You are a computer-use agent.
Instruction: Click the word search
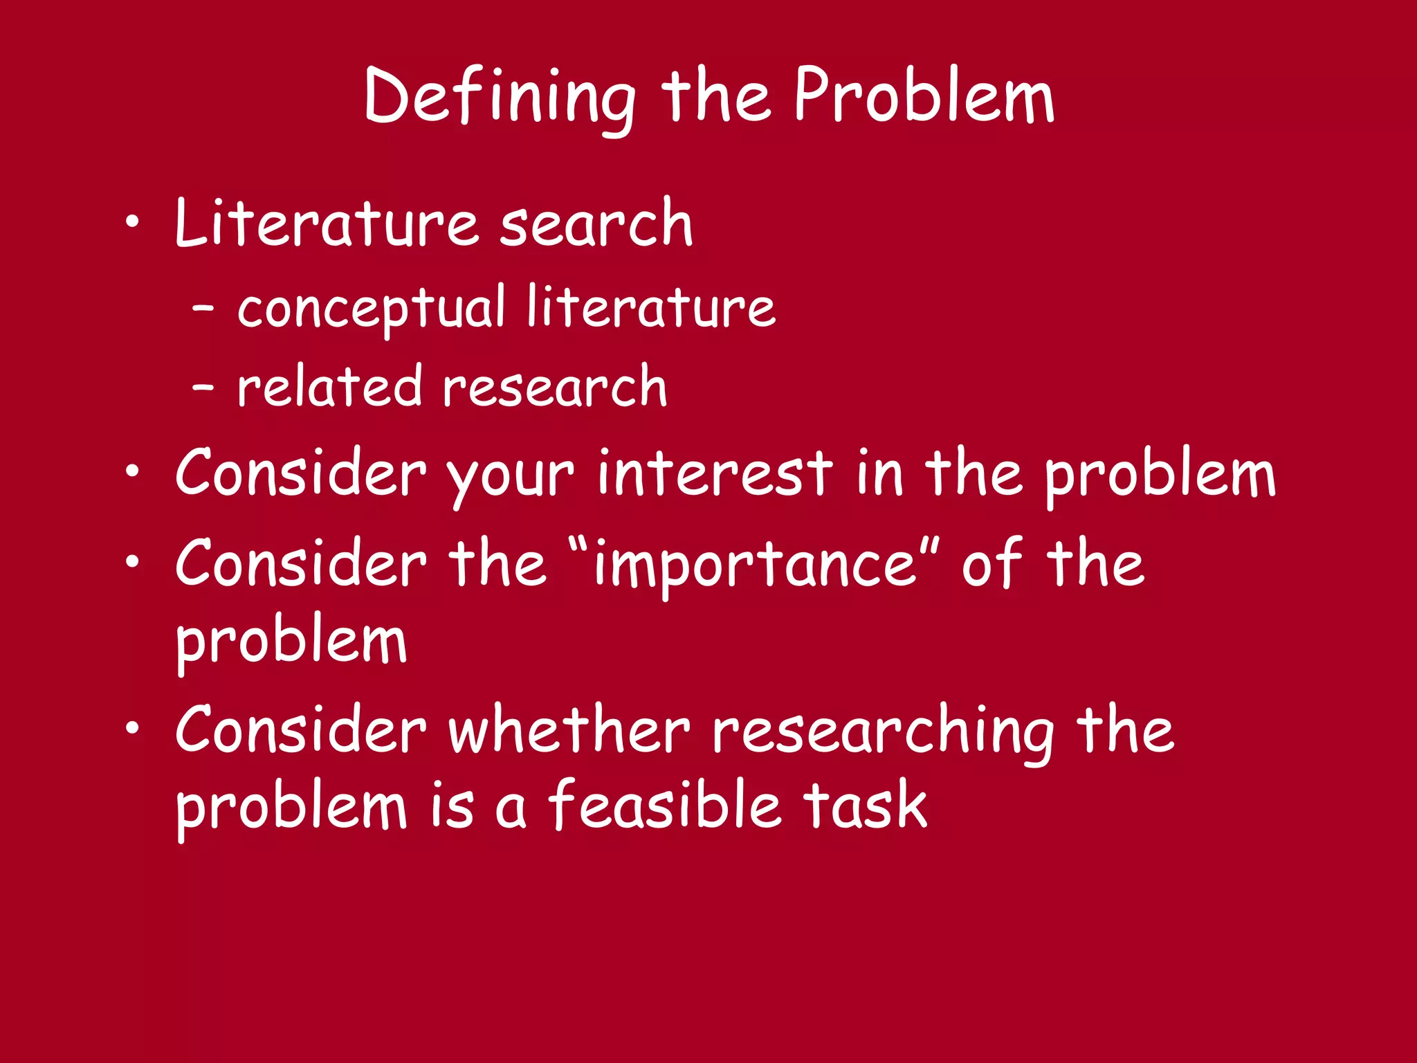coord(596,223)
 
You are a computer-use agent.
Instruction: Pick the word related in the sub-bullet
coord(329,386)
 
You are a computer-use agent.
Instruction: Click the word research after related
coord(555,386)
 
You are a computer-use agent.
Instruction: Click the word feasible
coord(665,805)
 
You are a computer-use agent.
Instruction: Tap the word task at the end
coord(864,805)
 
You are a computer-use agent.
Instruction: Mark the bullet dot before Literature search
coord(132,223)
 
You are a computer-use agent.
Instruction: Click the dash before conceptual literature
coord(203,309)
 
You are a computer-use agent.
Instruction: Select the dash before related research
coord(203,388)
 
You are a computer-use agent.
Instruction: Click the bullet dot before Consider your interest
coord(132,473)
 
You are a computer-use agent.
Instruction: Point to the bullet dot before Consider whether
coord(132,729)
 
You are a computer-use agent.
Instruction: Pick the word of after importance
coord(991,563)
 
